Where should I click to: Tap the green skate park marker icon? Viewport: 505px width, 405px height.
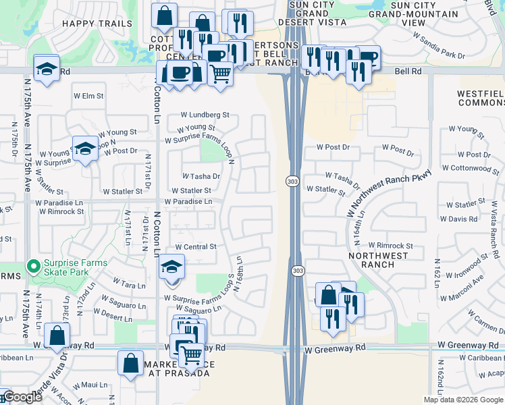point(31,266)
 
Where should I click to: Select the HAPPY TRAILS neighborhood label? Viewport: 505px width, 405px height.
point(97,23)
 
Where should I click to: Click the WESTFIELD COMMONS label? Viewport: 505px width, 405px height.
point(481,98)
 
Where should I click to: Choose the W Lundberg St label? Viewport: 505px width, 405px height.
point(205,115)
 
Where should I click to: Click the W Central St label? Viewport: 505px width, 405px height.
point(196,247)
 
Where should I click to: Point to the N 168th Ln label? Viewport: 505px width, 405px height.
point(239,269)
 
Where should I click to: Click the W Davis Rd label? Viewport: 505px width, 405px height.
point(462,219)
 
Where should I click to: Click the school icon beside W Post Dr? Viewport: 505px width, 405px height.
point(85,150)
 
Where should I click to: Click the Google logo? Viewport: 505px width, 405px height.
point(22,397)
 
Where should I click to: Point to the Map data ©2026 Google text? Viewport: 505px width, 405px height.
point(464,400)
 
